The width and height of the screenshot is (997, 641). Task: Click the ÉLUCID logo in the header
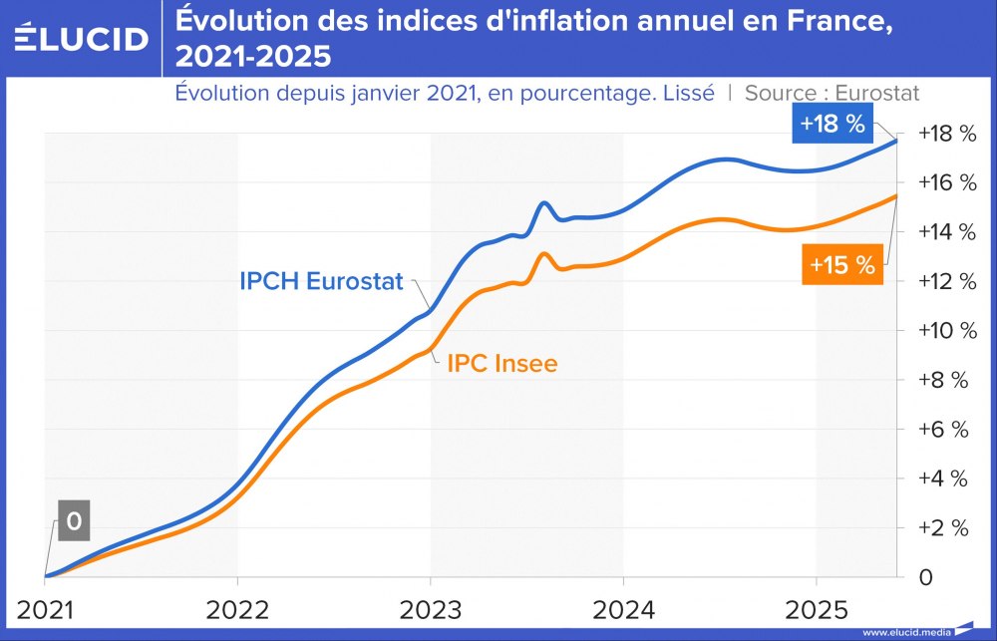(x=81, y=38)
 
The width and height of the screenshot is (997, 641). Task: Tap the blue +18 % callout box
(x=833, y=125)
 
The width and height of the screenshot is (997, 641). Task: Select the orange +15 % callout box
(x=841, y=266)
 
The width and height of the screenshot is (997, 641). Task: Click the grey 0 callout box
(x=73, y=521)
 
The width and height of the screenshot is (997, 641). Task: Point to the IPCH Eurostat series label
(x=321, y=281)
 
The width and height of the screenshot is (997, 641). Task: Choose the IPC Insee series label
(x=501, y=364)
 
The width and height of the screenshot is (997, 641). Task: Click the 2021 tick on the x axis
(x=45, y=607)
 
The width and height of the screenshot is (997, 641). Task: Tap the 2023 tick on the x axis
(x=431, y=607)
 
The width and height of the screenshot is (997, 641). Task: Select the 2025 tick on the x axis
(x=816, y=607)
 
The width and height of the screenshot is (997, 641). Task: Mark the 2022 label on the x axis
(x=237, y=607)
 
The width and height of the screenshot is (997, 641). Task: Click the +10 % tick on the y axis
(x=940, y=330)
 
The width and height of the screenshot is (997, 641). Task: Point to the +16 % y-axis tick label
(x=940, y=182)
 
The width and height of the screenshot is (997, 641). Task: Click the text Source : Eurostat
(x=831, y=93)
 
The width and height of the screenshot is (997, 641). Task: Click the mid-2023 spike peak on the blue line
(x=544, y=202)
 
